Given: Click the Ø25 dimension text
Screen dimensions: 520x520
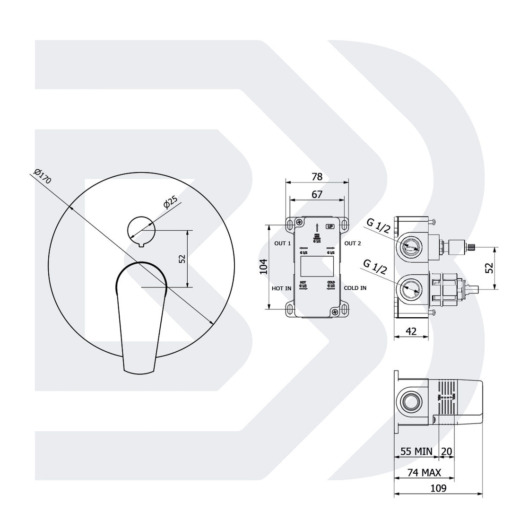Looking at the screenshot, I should pyautogui.click(x=170, y=202).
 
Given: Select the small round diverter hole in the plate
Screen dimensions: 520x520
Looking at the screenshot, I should pyautogui.click(x=141, y=231).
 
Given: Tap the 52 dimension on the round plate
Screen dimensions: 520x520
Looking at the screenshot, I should pyautogui.click(x=182, y=259).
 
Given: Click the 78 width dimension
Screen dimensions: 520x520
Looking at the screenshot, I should pyautogui.click(x=317, y=177).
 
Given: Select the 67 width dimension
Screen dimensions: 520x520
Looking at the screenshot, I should pyautogui.click(x=317, y=194).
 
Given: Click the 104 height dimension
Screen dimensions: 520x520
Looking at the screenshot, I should pyautogui.click(x=264, y=267).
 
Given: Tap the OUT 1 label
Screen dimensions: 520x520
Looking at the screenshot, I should pyautogui.click(x=283, y=243).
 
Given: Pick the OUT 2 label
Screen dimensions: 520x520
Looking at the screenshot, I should pyautogui.click(x=353, y=243).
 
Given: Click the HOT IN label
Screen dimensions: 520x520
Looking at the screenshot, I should pyautogui.click(x=281, y=288).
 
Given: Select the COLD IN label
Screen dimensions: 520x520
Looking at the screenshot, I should pyautogui.click(x=355, y=288).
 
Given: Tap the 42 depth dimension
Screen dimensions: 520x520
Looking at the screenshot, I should pyautogui.click(x=411, y=332).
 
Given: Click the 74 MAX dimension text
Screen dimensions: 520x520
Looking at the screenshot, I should pyautogui.click(x=425, y=472).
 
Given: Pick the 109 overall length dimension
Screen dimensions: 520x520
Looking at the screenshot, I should pyautogui.click(x=439, y=488).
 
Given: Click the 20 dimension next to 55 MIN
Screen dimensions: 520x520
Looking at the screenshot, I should pyautogui.click(x=447, y=451).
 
